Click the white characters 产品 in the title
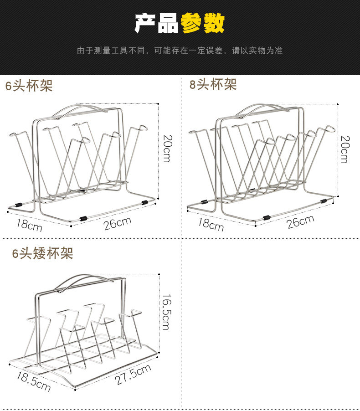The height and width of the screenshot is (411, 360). pyautogui.click(x=157, y=23)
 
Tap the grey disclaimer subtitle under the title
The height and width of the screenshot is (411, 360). pyautogui.click(x=180, y=50)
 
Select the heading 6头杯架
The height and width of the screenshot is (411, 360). pyautogui.click(x=29, y=86)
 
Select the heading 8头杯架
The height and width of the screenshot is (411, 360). pyautogui.click(x=213, y=84)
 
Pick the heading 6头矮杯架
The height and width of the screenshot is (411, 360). pyautogui.click(x=42, y=253)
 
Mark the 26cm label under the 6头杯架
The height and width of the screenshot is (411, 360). pyautogui.click(x=117, y=224)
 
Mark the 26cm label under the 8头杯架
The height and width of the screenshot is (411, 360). pyautogui.click(x=300, y=222)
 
